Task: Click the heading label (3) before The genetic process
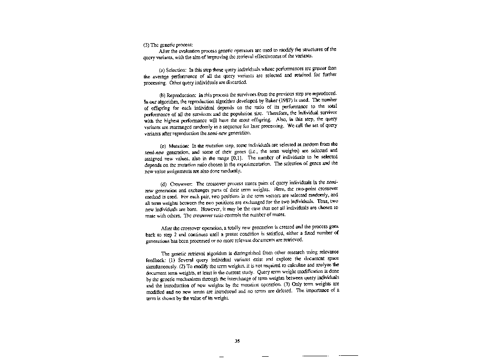click(146, 45)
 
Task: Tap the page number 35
click(237, 341)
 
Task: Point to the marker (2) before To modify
click(183, 265)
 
